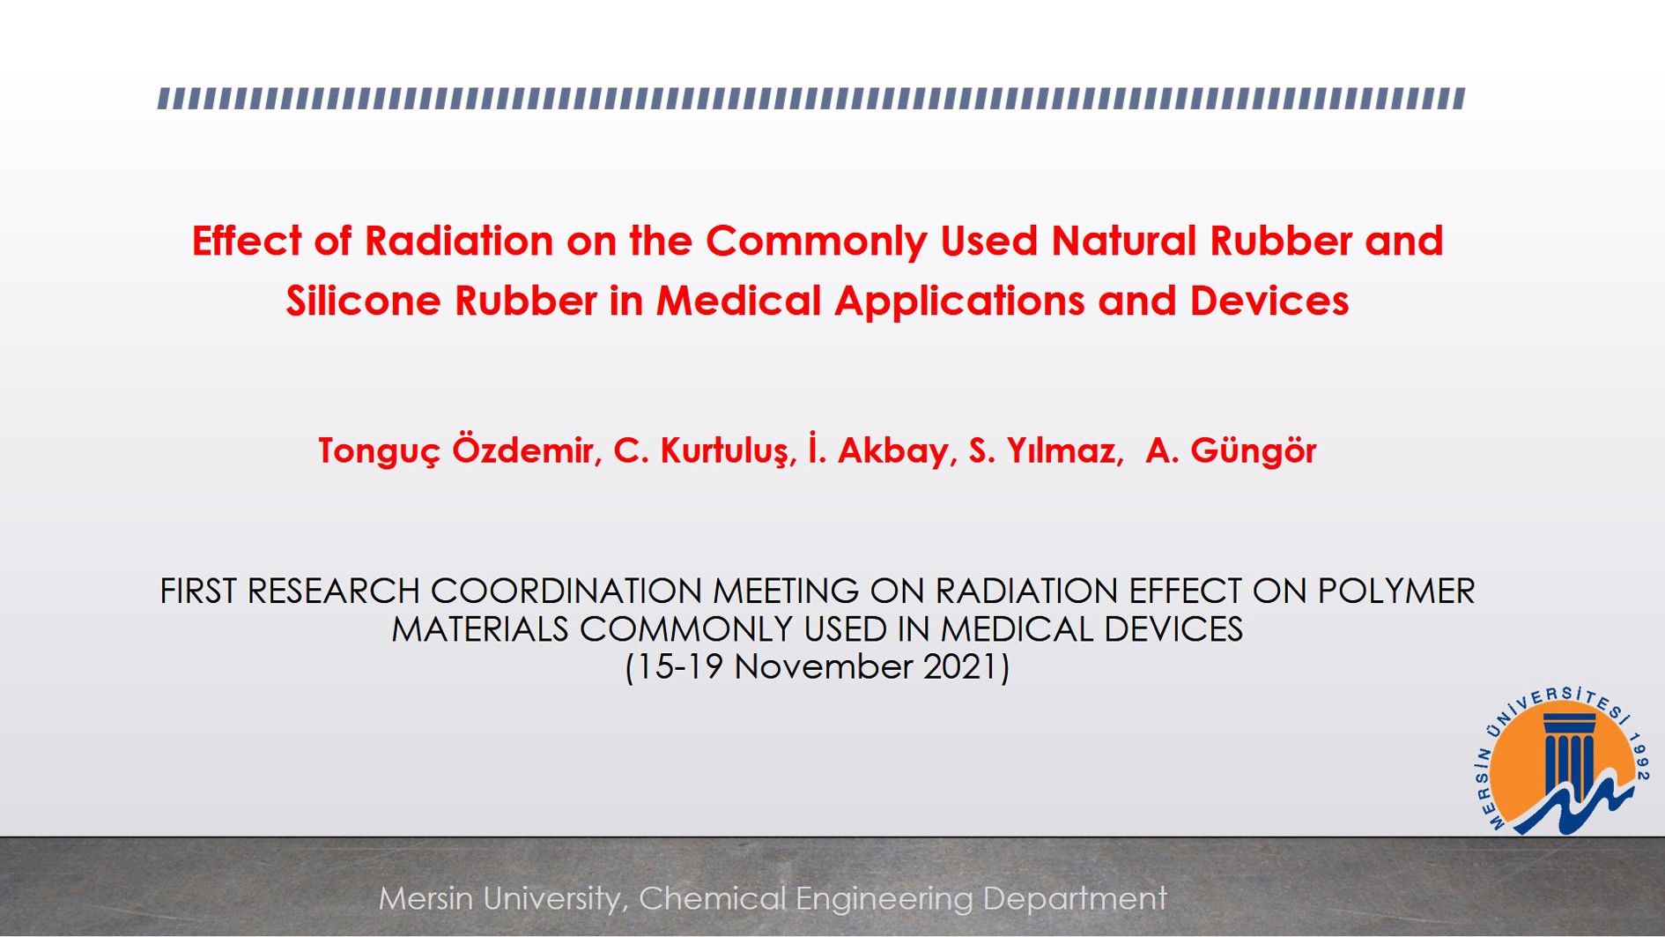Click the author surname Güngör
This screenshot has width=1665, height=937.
click(1254, 451)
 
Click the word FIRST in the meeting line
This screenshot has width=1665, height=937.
click(197, 591)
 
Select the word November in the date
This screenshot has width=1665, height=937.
click(823, 667)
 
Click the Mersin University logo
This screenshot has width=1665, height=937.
click(1561, 761)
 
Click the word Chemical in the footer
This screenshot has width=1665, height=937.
click(712, 899)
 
